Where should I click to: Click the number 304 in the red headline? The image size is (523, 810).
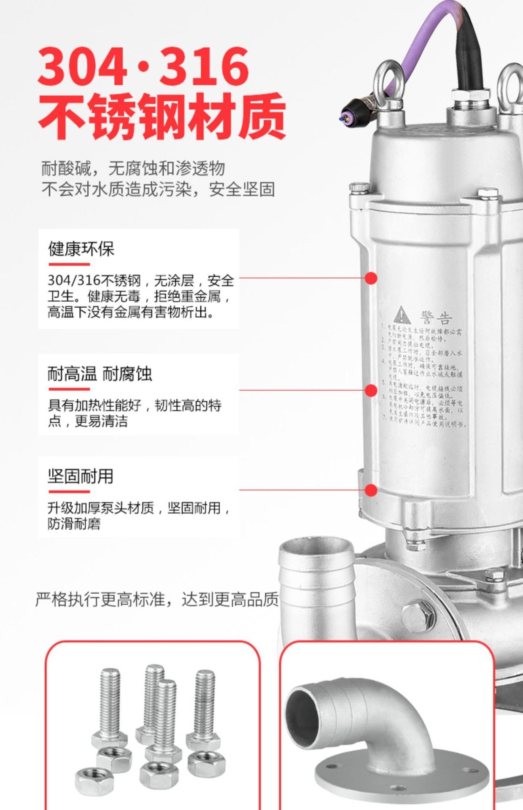(x=83, y=67)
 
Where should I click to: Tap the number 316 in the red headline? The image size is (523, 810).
(x=204, y=67)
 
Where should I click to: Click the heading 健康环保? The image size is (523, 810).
(x=81, y=249)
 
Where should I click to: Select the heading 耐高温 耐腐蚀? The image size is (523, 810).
(x=100, y=374)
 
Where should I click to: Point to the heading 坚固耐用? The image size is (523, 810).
(x=80, y=476)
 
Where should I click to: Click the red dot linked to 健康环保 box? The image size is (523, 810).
(x=371, y=278)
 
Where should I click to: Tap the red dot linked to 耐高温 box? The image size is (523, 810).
(x=371, y=390)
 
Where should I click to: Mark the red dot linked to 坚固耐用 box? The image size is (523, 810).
(x=371, y=490)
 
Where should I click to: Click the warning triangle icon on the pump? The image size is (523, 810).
(x=402, y=316)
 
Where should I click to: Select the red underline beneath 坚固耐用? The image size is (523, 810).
(x=69, y=491)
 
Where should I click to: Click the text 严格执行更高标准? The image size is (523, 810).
(x=104, y=599)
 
